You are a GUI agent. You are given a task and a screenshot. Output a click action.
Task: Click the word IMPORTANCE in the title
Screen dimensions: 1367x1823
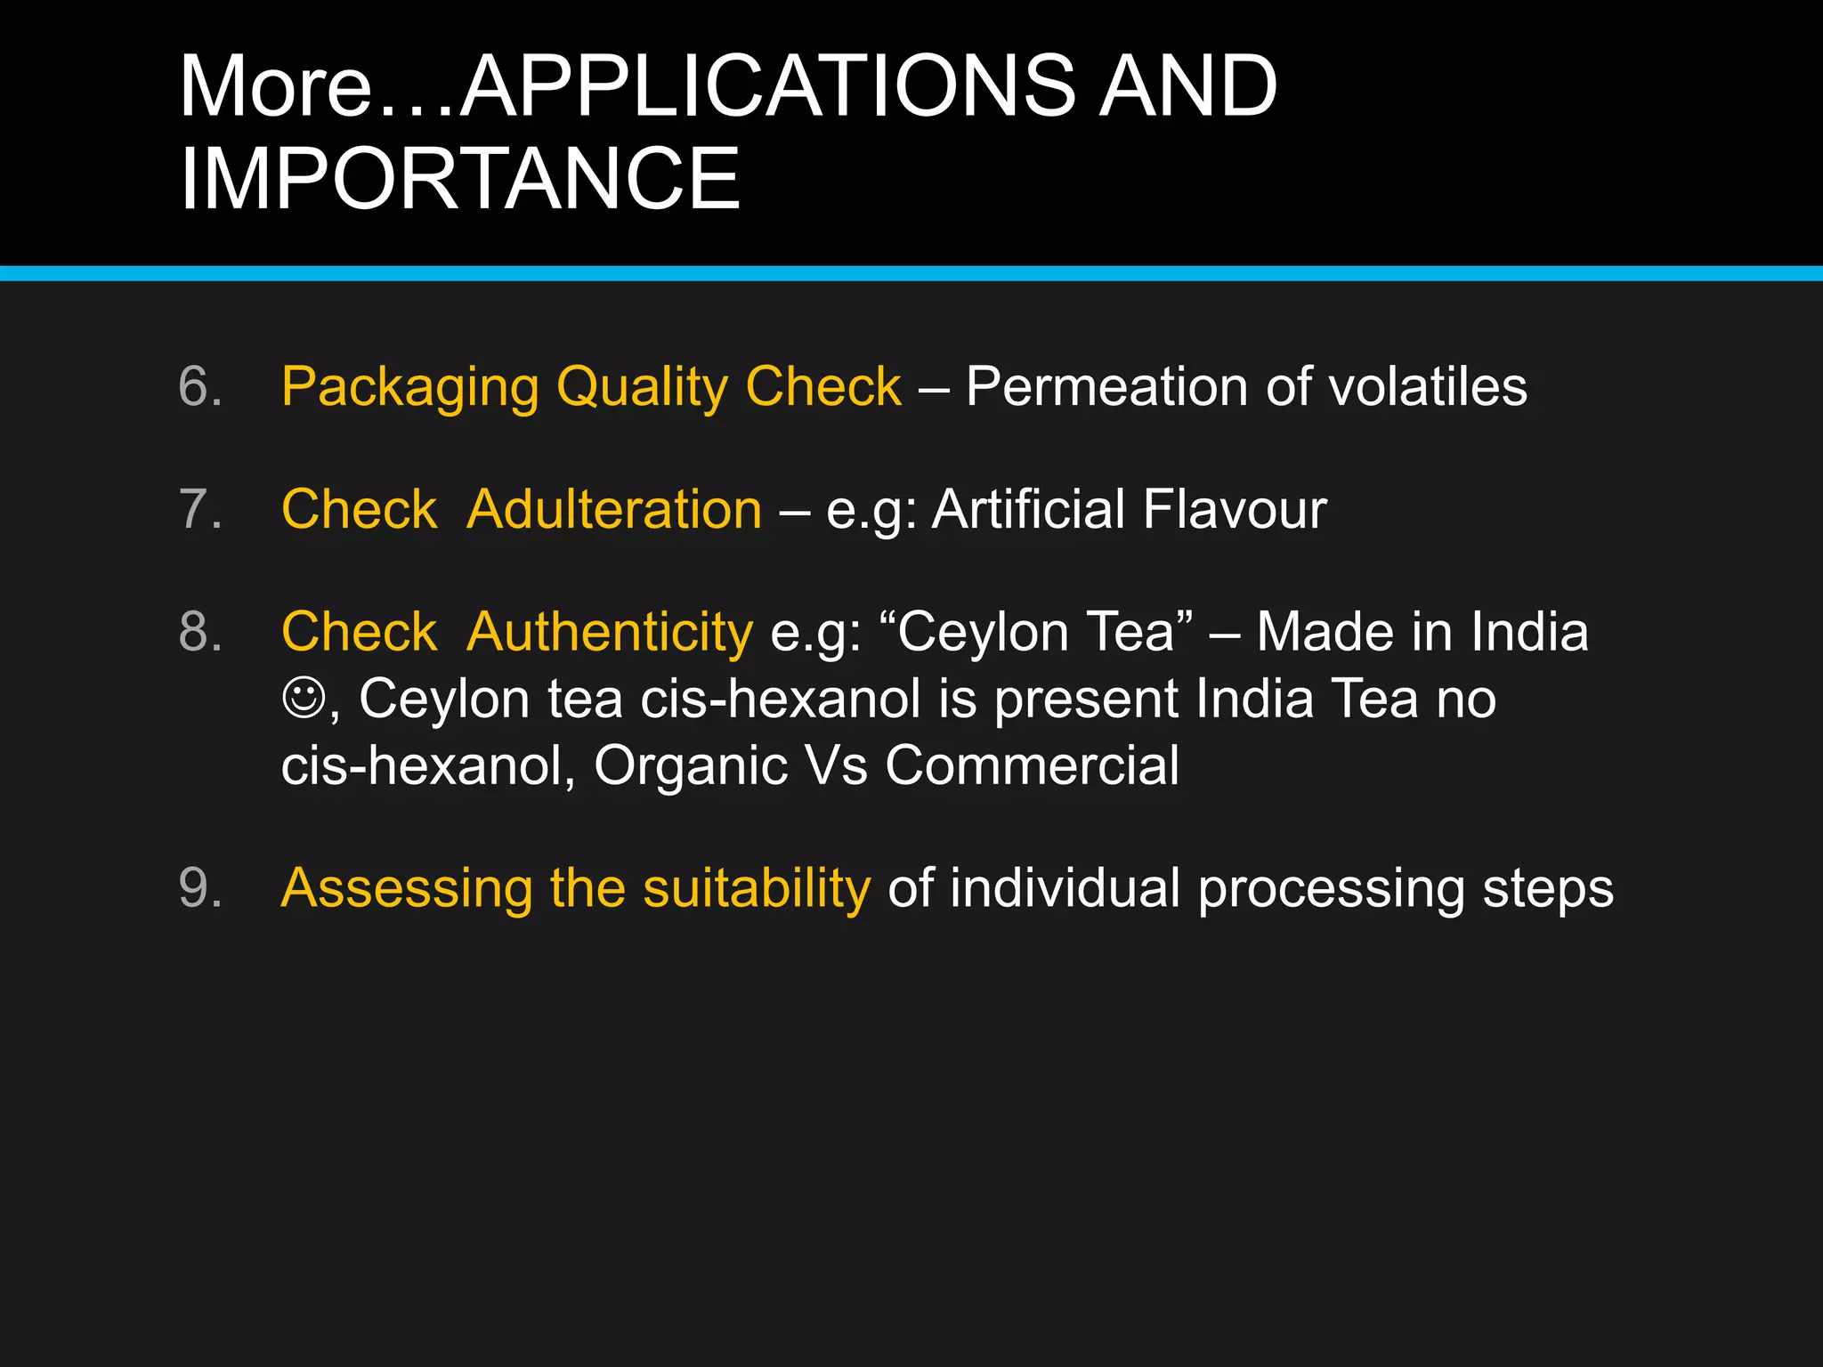click(x=459, y=178)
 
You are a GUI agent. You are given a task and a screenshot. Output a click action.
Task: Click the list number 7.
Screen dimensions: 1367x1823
click(x=199, y=509)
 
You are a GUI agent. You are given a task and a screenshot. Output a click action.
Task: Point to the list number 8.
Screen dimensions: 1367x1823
click(x=199, y=632)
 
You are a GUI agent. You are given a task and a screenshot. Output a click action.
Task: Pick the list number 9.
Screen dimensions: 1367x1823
click(x=199, y=887)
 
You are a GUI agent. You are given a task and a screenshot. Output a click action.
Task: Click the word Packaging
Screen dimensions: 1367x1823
click(x=410, y=388)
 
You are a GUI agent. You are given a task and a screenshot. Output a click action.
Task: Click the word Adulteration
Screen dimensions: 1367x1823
click(x=614, y=509)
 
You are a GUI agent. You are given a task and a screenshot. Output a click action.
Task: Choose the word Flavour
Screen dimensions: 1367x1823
click(x=1235, y=509)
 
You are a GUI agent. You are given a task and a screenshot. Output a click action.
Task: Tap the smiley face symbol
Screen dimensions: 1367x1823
click(x=304, y=697)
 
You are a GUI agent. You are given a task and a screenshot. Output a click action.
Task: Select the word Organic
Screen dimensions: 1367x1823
click(x=691, y=767)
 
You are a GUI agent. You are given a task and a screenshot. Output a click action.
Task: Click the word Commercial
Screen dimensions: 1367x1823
click(x=1032, y=765)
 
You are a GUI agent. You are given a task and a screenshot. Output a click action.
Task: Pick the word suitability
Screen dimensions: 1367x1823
click(x=757, y=889)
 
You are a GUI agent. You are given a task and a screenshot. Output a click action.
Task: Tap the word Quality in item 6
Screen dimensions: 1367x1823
click(x=642, y=388)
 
